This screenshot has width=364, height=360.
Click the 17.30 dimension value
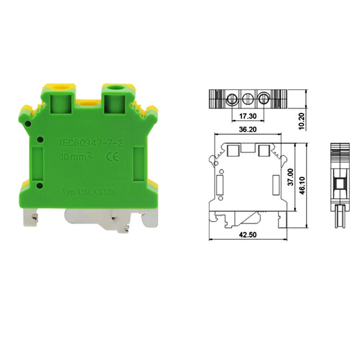tap(248, 116)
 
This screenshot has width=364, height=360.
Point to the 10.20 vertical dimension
tap(302, 121)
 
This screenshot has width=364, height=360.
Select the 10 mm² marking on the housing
tap(76, 157)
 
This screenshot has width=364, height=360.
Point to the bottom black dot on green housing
tap(40, 186)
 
